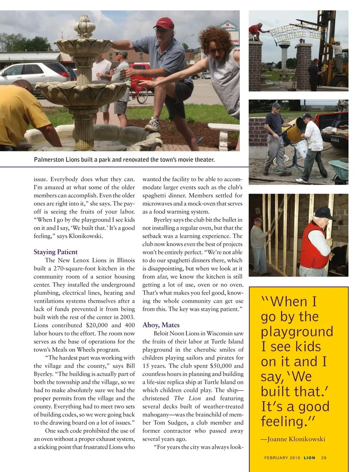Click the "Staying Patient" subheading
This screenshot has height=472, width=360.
(x=55, y=252)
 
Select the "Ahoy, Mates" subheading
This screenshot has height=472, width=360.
(x=161, y=325)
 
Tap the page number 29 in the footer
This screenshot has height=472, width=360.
(x=324, y=458)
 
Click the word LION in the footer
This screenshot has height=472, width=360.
(x=309, y=458)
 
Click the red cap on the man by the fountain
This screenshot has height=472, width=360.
(x=164, y=23)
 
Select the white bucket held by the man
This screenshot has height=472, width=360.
(x=301, y=149)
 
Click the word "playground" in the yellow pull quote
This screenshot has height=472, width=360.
(x=297, y=332)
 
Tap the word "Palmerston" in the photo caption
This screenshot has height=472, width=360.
(x=49, y=160)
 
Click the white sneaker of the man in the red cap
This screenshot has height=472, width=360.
(x=153, y=124)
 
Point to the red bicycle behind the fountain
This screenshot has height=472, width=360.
(x=139, y=92)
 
